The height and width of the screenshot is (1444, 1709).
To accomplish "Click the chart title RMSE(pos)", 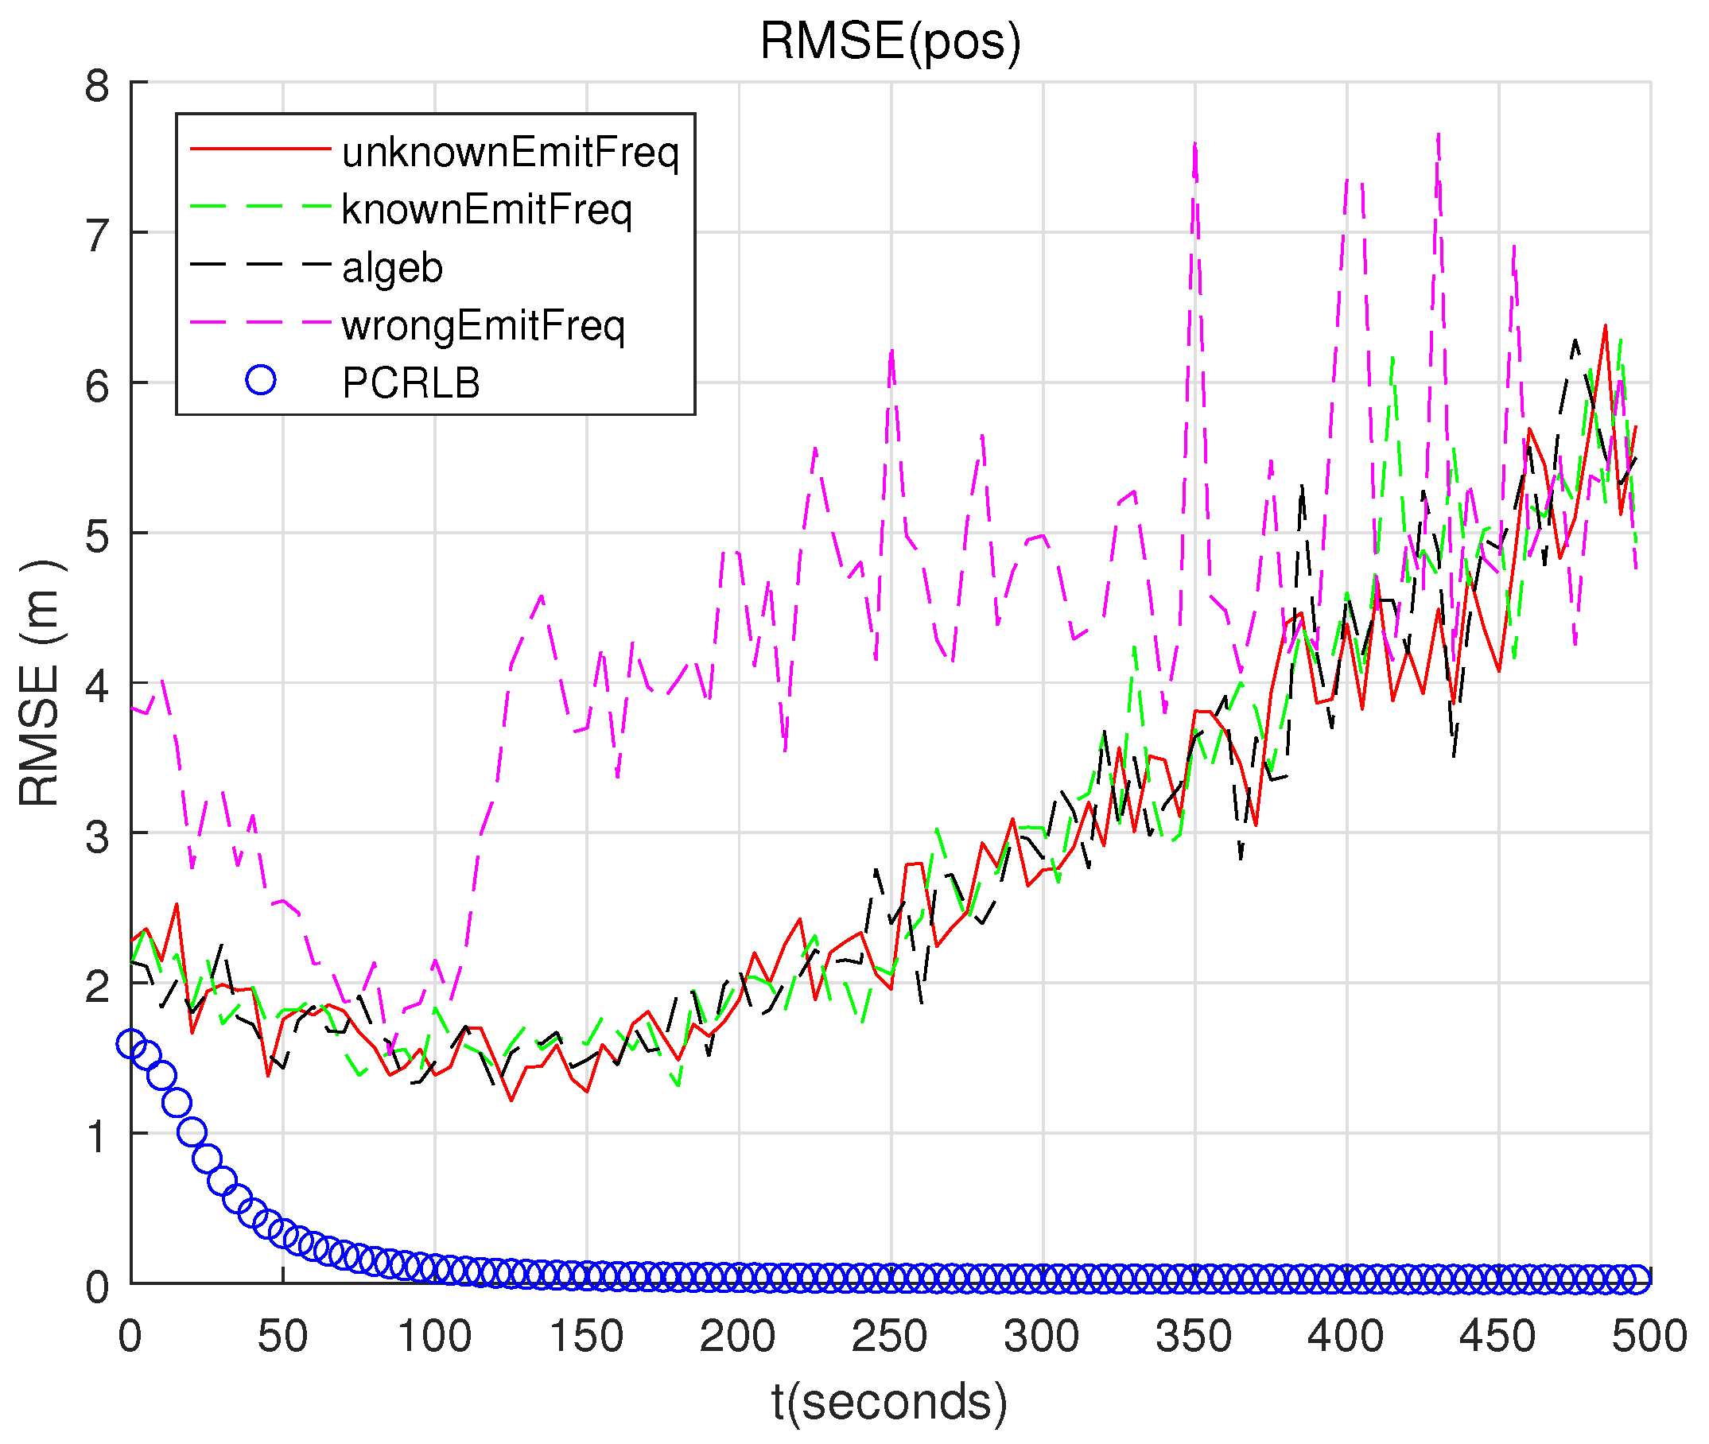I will click(x=890, y=41).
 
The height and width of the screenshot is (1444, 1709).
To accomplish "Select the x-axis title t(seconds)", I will click(x=890, y=1400).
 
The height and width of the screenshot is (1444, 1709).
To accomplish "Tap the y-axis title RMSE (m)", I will click(x=39, y=683).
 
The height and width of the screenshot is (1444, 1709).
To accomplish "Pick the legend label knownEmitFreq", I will click(x=486, y=211).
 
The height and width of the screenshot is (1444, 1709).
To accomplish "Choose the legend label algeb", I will click(x=392, y=269).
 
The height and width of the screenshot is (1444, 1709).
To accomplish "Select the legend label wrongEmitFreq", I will click(x=483, y=326).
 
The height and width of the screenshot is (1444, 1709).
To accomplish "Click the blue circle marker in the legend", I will click(x=260, y=380).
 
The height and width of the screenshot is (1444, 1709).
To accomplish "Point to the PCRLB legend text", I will click(x=411, y=383).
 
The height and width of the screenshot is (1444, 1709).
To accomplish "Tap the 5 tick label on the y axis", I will click(x=96, y=537).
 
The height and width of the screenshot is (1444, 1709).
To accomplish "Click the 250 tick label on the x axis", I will click(x=890, y=1337).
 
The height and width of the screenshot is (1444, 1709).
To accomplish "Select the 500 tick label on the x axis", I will click(x=1649, y=1337).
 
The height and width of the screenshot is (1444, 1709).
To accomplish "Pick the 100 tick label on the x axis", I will click(x=433, y=1337).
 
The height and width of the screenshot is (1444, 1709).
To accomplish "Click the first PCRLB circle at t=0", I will click(x=131, y=1044).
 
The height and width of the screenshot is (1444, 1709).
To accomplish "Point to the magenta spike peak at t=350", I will click(x=1195, y=145).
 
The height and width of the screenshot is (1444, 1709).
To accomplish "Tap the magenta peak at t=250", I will click(x=891, y=352).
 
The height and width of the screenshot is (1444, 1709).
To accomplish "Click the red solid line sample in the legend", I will click(x=260, y=149).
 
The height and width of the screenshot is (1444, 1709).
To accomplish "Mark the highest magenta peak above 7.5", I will click(x=1438, y=135).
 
